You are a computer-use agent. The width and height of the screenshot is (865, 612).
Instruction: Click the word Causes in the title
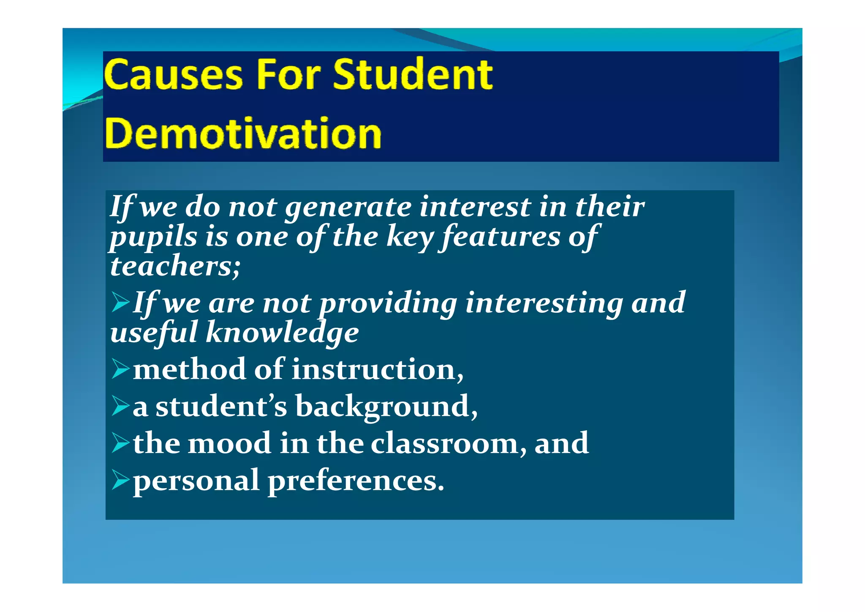coord(173,75)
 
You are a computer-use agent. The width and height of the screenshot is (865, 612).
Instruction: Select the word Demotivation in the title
coord(243,134)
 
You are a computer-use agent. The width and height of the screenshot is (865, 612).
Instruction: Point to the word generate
coord(348,208)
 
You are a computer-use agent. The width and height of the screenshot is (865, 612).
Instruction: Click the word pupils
coord(153,238)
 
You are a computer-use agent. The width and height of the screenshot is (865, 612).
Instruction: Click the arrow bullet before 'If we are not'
coord(121,303)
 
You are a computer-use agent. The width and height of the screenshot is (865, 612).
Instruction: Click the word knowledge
coord(282,333)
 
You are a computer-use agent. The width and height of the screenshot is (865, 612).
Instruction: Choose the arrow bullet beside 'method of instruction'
coord(121,369)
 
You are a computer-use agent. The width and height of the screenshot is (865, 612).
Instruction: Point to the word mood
coord(229,443)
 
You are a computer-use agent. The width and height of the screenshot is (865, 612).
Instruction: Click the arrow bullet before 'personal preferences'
coord(121,481)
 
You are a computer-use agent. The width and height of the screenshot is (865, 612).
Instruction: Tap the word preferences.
coord(356,481)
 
